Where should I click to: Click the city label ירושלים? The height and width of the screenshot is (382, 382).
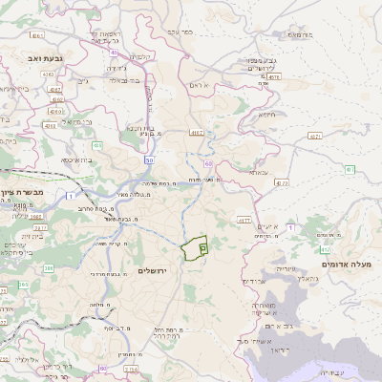coord(152,271)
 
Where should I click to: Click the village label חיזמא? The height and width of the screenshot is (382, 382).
coord(266,114)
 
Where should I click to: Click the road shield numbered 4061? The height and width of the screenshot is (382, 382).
coord(38,35)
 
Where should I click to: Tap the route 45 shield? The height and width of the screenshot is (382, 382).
coord(115,52)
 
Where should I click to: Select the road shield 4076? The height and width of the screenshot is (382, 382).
coord(275,76)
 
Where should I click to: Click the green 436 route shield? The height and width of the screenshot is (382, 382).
coord(97,146)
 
